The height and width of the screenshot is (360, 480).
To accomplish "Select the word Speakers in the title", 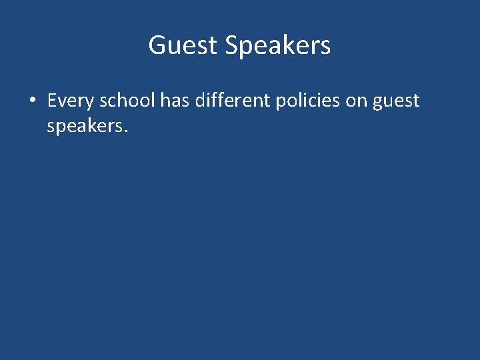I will click(x=277, y=45).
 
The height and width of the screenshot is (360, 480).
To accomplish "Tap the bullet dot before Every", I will click(x=32, y=101).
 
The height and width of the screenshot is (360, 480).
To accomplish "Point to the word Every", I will click(x=71, y=101).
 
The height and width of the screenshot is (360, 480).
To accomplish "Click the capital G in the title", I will click(x=157, y=45).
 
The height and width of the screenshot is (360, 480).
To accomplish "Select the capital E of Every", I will click(x=52, y=101).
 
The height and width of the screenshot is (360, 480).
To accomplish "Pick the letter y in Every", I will click(x=90, y=103).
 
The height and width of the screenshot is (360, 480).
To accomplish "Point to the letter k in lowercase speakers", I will click(x=89, y=125).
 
